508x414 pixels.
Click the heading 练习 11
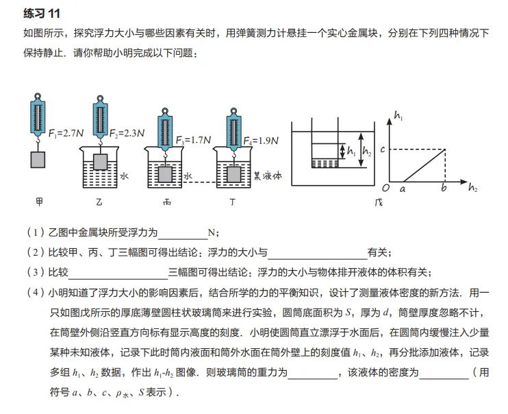[42, 13]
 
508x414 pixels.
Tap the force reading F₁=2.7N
[66, 133]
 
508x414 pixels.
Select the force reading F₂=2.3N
[127, 133]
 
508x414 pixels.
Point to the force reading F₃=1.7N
[193, 140]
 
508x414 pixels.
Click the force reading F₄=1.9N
[261, 141]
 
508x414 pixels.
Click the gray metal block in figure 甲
[38, 160]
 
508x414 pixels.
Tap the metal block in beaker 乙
[100, 162]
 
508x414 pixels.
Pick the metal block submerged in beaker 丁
[233, 175]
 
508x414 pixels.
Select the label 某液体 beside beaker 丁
[268, 176]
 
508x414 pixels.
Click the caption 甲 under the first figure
[39, 202]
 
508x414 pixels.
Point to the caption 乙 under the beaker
[99, 202]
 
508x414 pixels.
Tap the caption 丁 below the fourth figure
[233, 202]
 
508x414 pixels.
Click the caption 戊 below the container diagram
[379, 202]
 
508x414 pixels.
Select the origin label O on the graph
[385, 188]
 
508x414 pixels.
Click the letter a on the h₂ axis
[403, 188]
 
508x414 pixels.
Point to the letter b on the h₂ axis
[444, 188]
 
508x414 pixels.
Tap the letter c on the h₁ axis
[383, 149]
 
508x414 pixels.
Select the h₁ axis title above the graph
[398, 115]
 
